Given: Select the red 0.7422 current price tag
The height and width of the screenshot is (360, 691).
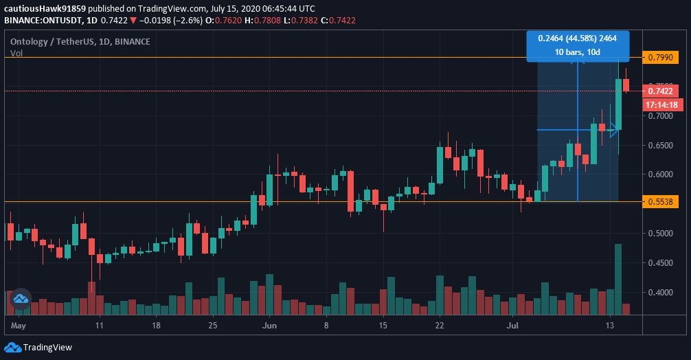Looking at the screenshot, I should coord(660,91).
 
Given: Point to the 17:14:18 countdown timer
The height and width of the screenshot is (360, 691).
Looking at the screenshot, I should coord(661,105).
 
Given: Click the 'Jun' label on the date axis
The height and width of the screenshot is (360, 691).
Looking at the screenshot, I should coord(269,326).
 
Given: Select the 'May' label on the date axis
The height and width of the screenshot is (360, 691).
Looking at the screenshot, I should coord(19,326).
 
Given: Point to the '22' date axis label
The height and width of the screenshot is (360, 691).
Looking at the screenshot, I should coord(440,326).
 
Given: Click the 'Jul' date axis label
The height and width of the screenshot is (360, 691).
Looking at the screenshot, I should coord(512,326).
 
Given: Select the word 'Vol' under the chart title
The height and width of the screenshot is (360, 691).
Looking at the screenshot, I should coord(16,53).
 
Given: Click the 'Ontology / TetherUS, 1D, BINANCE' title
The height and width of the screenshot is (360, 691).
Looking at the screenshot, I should coord(80,41).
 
